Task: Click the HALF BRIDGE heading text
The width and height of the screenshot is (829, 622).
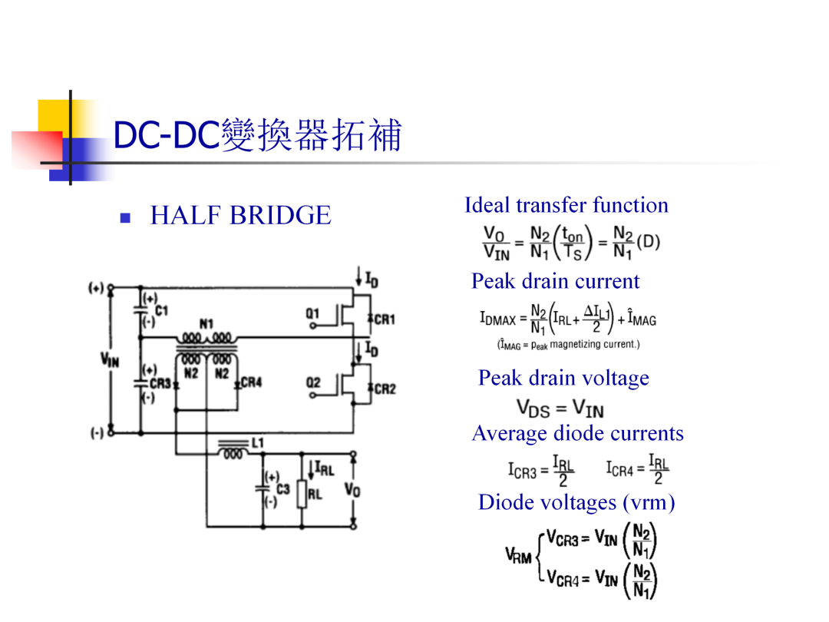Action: pos(240,215)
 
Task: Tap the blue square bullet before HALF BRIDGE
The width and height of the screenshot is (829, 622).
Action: pos(125,218)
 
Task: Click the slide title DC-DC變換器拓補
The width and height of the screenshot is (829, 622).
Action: pos(257,135)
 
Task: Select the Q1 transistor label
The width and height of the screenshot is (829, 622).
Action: pos(312,313)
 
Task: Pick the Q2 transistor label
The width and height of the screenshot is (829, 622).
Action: pos(313,382)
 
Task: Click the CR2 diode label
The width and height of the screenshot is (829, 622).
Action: pos(385,389)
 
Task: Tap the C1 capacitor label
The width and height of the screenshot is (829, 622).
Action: pos(161,310)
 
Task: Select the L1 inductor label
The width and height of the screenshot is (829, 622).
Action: pos(257,443)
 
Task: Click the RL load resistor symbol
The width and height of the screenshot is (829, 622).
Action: pos(302,495)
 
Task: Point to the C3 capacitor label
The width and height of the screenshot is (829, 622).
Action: pos(282,489)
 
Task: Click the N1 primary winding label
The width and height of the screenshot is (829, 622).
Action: pos(206,324)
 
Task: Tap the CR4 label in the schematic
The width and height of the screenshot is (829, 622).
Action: pos(251,382)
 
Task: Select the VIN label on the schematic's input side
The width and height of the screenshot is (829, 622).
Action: pos(110,361)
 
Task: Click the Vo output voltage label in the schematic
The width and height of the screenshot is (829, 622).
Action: pos(352,490)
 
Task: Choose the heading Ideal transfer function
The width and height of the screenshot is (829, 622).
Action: pos(566,205)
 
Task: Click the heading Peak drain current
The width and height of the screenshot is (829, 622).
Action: pos(555,281)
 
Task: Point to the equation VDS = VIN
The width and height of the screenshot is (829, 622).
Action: pos(560,409)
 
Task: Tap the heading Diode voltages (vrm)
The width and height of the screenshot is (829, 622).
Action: pos(576,502)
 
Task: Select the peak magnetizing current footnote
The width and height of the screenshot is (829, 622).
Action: pos(568,345)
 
